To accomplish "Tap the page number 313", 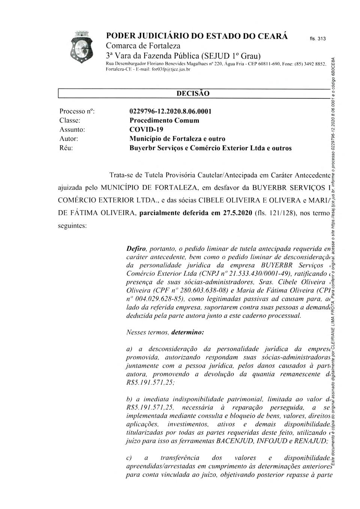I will pos(321,39).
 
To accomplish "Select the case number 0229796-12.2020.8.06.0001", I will pos(170,111).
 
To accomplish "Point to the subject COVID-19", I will pos(146,129).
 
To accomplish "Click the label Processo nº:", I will pos(77,111).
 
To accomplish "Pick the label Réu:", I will pos(66,148).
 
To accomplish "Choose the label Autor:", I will pos(69,139).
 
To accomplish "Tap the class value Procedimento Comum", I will pos(164,120).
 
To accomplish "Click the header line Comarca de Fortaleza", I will pos(143,46).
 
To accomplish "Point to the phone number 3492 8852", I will pos(313,65).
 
